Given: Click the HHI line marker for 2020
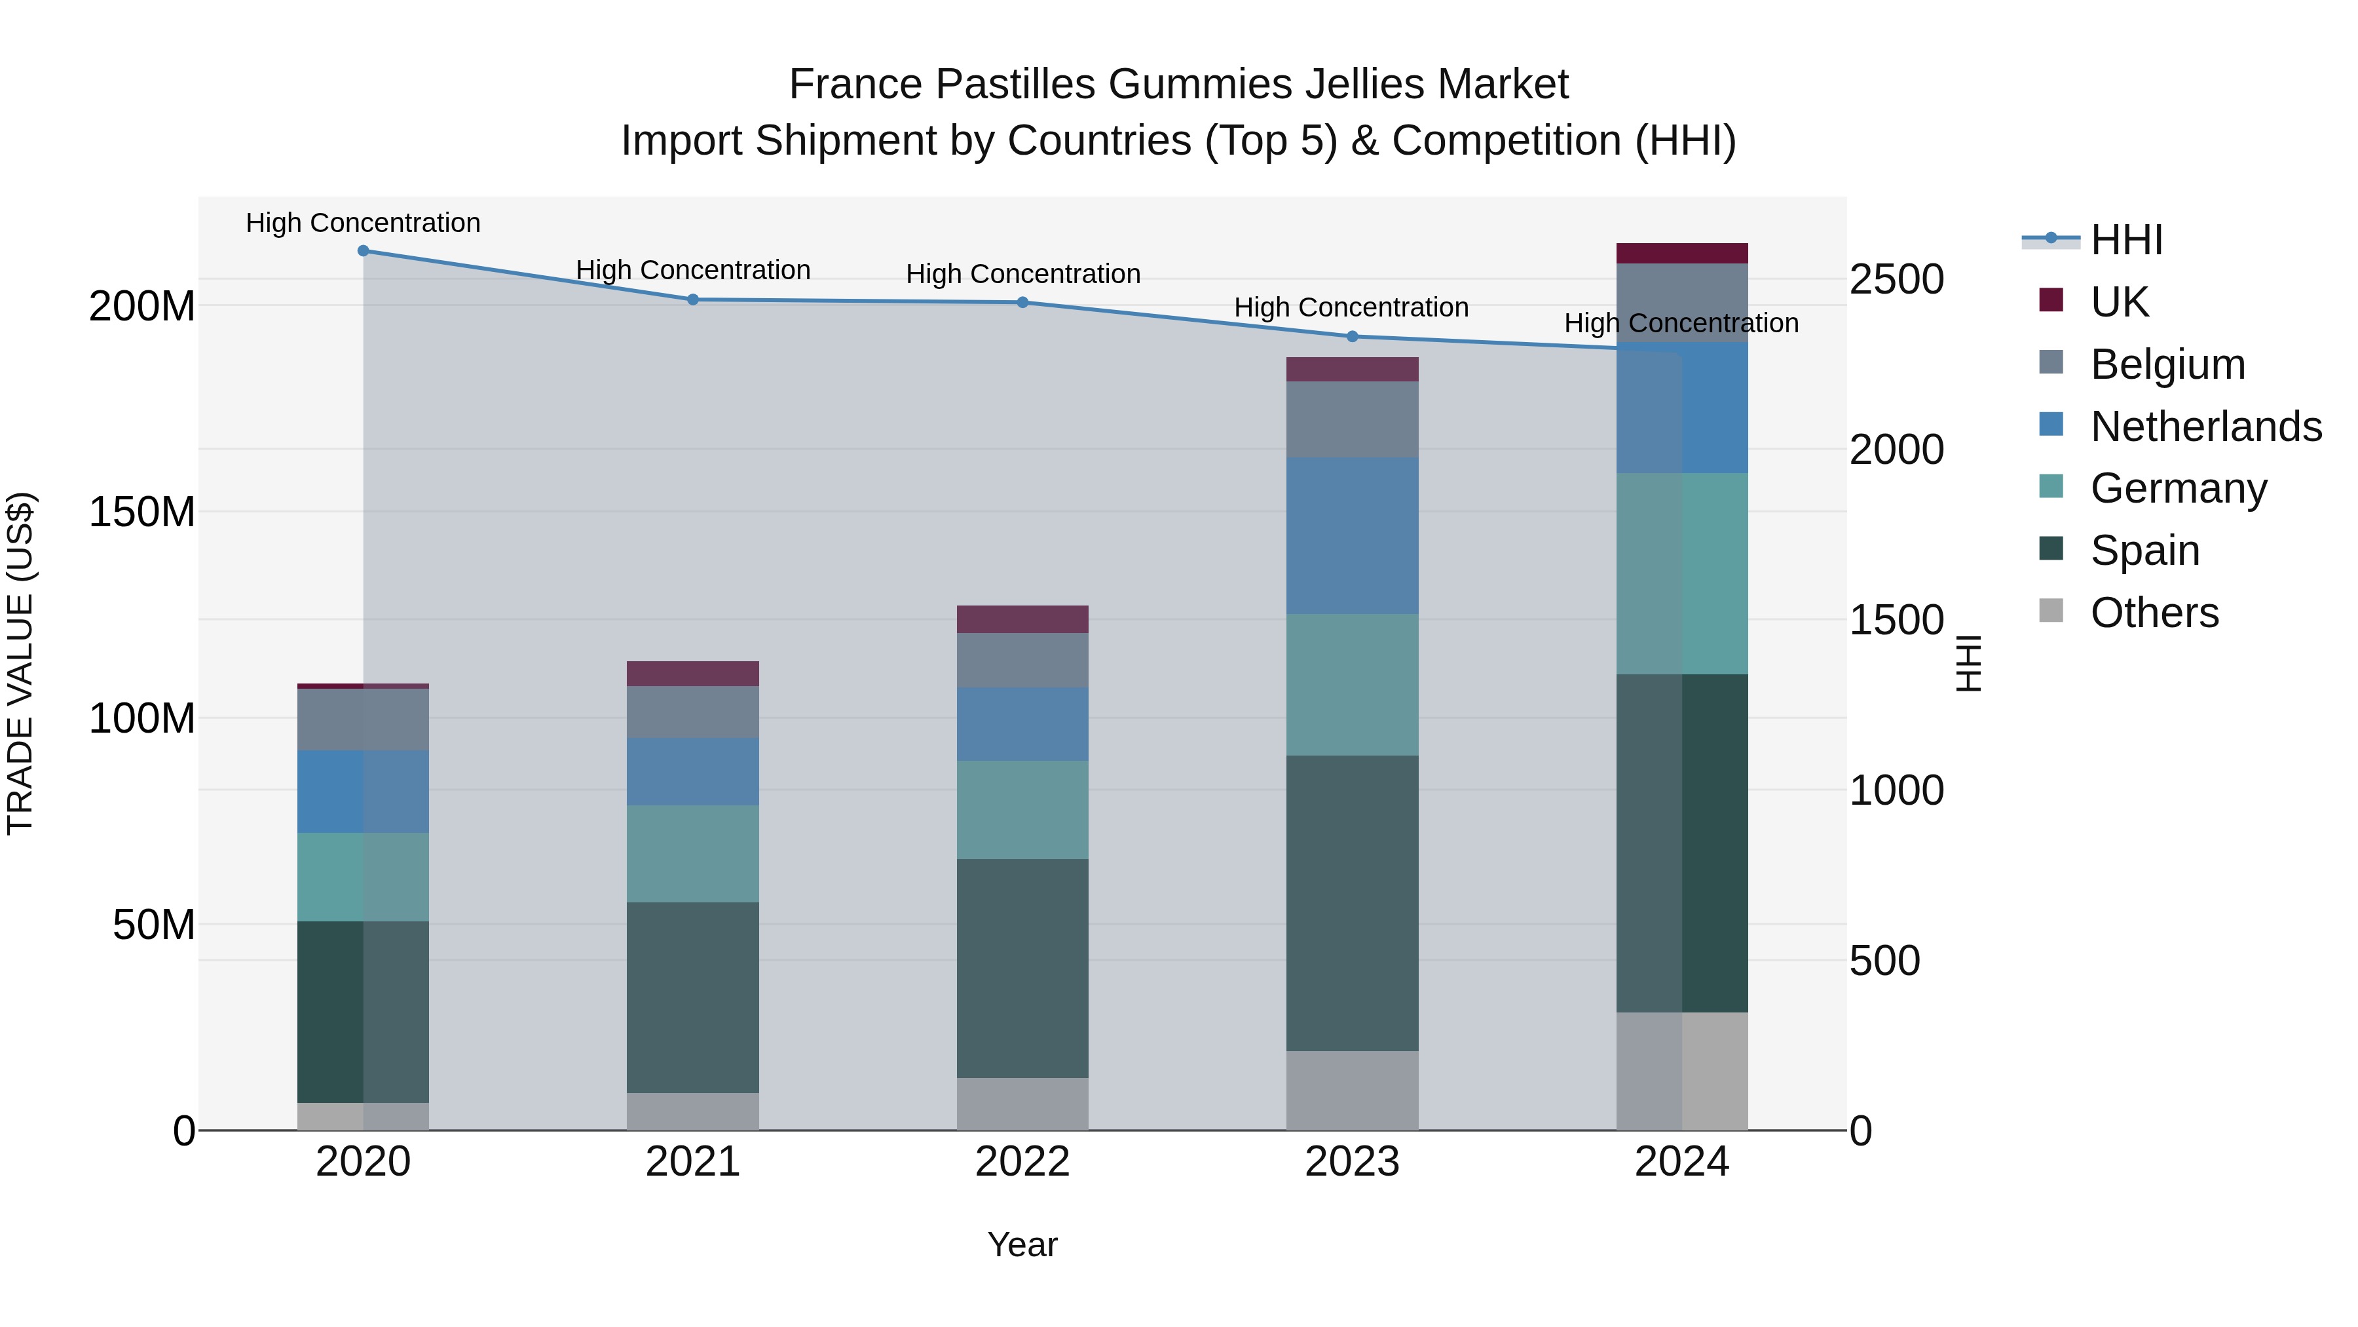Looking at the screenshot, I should pyautogui.click(x=364, y=251).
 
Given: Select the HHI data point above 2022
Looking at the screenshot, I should pyautogui.click(x=1022, y=302).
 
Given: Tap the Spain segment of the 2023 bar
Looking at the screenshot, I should pyautogui.click(x=1352, y=902).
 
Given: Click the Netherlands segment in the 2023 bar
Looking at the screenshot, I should pyautogui.click(x=1352, y=536).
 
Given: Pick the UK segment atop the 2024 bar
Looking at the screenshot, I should pyautogui.click(x=1681, y=254).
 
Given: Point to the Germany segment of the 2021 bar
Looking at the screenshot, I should pyautogui.click(x=693, y=853).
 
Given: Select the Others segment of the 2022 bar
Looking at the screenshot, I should pyautogui.click(x=1022, y=1104).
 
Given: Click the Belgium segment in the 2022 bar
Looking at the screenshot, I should pyautogui.click(x=1022, y=661).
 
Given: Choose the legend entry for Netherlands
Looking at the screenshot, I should pyautogui.click(x=2206, y=427).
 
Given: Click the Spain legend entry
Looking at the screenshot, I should pyautogui.click(x=2144, y=550).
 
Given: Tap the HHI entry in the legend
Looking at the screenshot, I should pyautogui.click(x=2126, y=240).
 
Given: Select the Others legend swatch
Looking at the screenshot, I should pyautogui.click(x=2051, y=611).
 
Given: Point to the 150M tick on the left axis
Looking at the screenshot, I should pyautogui.click(x=142, y=512).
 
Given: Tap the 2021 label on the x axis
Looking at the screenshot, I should pyautogui.click(x=693, y=1162).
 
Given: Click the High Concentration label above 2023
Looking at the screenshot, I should pyautogui.click(x=1351, y=308).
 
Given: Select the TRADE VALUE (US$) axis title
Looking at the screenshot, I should pyautogui.click(x=20, y=663).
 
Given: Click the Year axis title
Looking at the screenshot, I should pyautogui.click(x=1022, y=1244).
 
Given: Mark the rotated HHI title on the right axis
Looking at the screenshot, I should pyautogui.click(x=1969, y=663).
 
